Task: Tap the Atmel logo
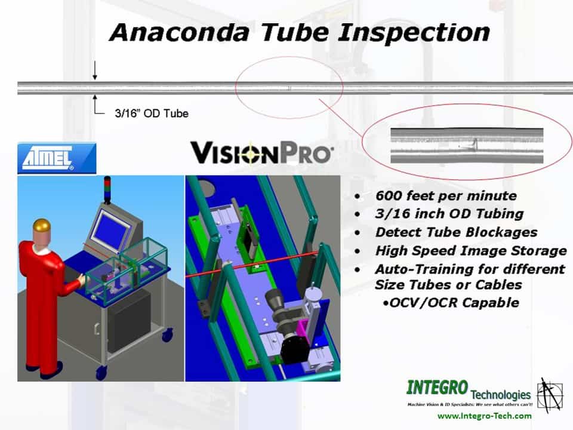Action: coord(57,158)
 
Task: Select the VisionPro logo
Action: coord(261,152)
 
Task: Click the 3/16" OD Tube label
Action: coord(152,113)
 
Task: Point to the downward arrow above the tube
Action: coord(95,70)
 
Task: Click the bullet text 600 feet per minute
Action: coord(446,196)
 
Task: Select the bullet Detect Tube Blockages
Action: coord(457,232)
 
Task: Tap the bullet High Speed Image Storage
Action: coord(471,251)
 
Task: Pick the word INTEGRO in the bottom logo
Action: coord(437,388)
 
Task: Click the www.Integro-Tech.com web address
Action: coord(484,416)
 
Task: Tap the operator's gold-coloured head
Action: coord(41,227)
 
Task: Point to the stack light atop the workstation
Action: coord(107,190)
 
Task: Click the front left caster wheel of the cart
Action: coord(101,372)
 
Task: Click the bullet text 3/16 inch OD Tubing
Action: coord(449,214)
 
